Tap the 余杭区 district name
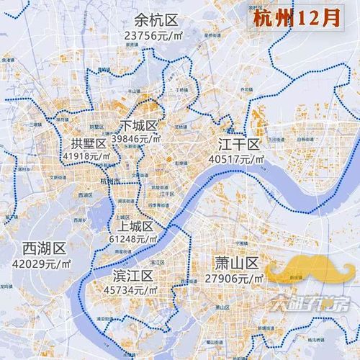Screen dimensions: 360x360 [x=151, y=19]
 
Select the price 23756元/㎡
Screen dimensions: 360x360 [x=152, y=35]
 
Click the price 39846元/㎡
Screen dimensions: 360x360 [x=141, y=138]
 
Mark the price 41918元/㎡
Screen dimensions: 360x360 [x=87, y=156]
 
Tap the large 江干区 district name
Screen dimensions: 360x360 [x=238, y=141]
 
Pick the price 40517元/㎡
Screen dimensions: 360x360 [x=236, y=157]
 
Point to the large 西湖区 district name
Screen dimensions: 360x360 [x=45, y=248]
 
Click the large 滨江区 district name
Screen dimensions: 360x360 [x=133, y=276]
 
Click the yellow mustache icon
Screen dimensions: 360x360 [x=310, y=273]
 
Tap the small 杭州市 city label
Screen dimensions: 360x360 [x=112, y=181]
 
